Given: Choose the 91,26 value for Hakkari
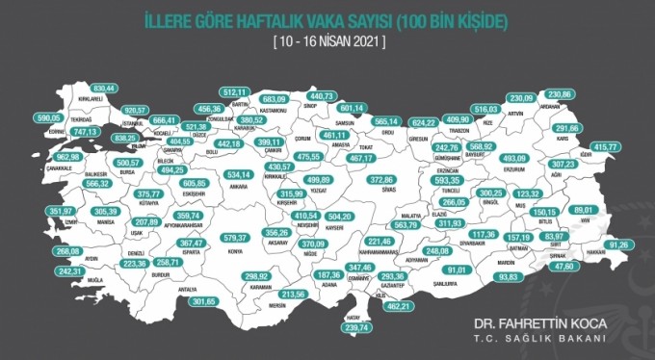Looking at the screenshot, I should click(x=622, y=244).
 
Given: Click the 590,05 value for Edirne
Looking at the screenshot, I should click(x=48, y=117).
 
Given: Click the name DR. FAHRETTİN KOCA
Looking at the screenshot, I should click(x=542, y=325).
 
